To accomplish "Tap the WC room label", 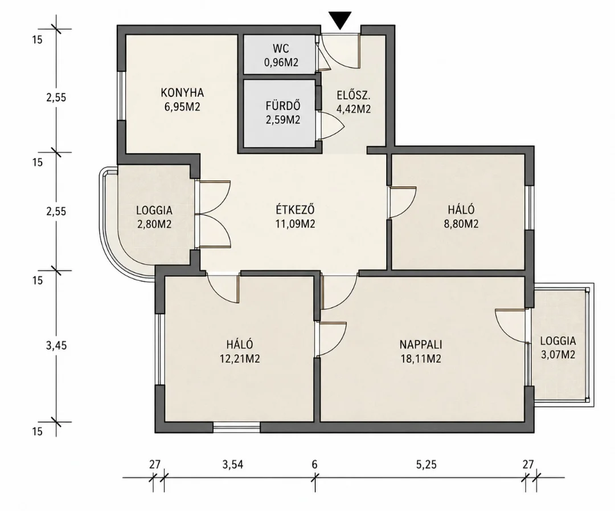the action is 281,48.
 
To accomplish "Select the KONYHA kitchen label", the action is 182,93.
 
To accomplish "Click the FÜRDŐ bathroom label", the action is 283,106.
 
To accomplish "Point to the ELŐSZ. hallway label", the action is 354,95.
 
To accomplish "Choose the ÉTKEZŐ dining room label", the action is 296,209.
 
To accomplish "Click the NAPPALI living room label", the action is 421,344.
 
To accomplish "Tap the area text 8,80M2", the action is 462,224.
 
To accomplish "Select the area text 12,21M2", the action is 240,359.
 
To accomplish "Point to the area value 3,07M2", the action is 558,355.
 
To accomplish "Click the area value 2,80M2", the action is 154,224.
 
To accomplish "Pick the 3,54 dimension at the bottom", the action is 232,465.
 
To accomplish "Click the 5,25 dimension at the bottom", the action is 426,465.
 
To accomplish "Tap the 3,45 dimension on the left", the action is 56,346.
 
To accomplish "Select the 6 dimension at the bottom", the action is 314,465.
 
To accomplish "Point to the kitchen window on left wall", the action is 121,96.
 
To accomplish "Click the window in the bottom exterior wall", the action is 236,427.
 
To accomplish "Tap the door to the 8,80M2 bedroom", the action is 401,202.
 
